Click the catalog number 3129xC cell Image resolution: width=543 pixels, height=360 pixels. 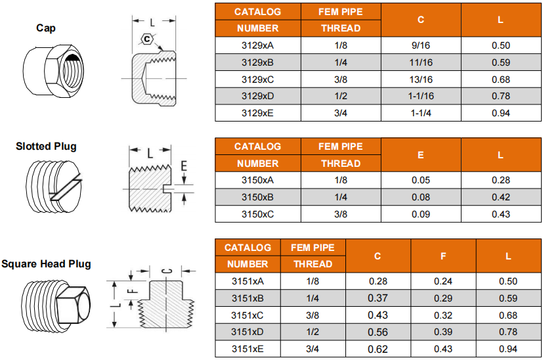point(257,79)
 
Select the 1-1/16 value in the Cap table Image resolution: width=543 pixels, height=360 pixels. point(421,96)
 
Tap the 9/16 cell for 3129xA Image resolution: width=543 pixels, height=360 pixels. point(421,45)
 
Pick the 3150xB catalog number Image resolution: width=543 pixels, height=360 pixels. point(257,197)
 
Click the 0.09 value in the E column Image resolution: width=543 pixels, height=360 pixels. point(421,214)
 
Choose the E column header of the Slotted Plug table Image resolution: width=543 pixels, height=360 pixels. point(421,155)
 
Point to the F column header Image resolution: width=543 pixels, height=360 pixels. point(443,256)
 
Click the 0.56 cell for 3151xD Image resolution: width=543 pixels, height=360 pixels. point(378,332)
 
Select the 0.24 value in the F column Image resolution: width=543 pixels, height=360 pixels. point(443,281)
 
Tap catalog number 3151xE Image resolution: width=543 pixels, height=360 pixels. point(248,349)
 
